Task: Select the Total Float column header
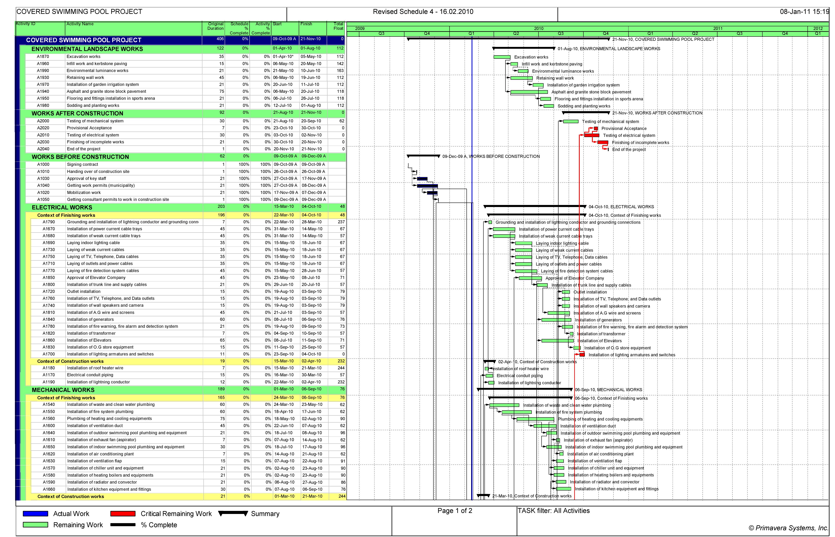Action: coord(338,26)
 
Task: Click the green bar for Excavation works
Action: coord(502,57)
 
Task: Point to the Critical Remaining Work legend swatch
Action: coord(123,514)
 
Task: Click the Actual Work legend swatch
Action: coord(35,514)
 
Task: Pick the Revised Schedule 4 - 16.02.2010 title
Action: coord(423,11)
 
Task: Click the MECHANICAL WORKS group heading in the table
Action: coord(63,390)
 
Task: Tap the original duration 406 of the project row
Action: coord(220,39)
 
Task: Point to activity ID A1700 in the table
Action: coord(49,354)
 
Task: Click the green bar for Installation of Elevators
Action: coord(555,341)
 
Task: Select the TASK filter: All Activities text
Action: coord(554,511)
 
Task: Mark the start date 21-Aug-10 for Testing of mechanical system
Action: coord(284,121)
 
